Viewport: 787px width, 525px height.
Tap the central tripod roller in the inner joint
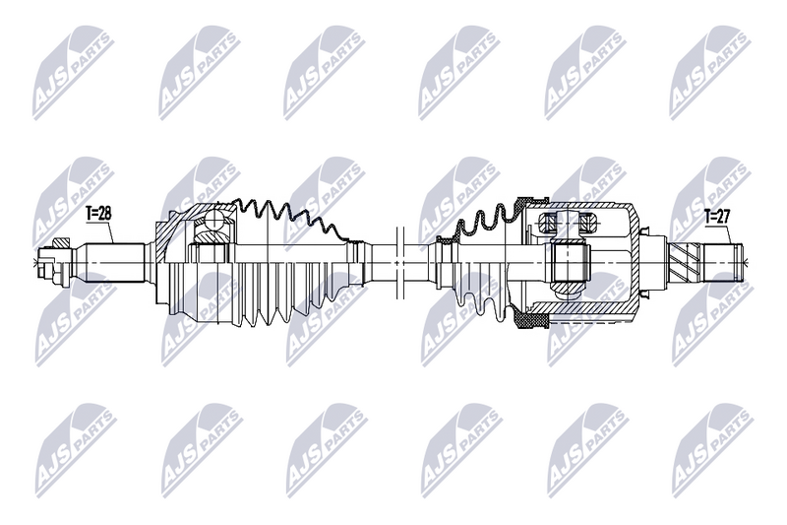568,262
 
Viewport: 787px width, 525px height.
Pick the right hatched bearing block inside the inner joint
586,221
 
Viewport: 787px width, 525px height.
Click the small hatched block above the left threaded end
61,244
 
